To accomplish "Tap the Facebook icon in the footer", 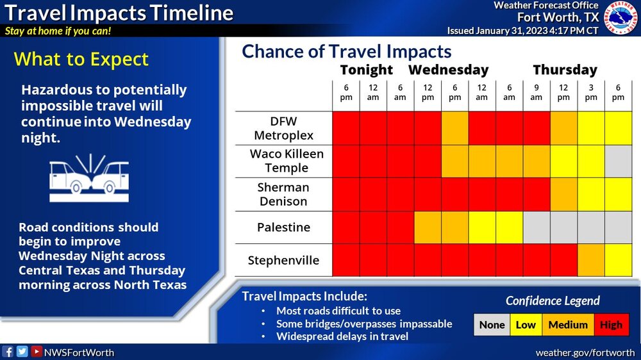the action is tap(8, 352).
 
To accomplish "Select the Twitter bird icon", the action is tap(22, 352).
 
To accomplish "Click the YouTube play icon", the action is tap(37, 352).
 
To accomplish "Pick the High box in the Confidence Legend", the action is tap(611, 325).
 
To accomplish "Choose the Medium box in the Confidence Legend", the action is tap(568, 325).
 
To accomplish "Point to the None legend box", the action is tap(492, 325).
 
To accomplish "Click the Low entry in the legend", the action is tap(526, 325).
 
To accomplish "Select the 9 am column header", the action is tap(537, 92).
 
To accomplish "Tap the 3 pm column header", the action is tap(591, 92).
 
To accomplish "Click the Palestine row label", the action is tap(284, 227).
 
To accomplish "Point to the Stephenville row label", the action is tap(283, 260).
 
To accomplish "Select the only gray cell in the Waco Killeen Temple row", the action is tap(618, 161).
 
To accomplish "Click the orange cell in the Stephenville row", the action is tap(591, 260).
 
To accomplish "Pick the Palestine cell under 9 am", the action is tap(537, 227).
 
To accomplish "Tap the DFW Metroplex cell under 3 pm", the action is tap(591, 128).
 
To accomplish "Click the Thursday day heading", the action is tap(565, 70).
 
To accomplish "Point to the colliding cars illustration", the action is tap(89, 177).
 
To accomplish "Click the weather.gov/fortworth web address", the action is tap(585, 353).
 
